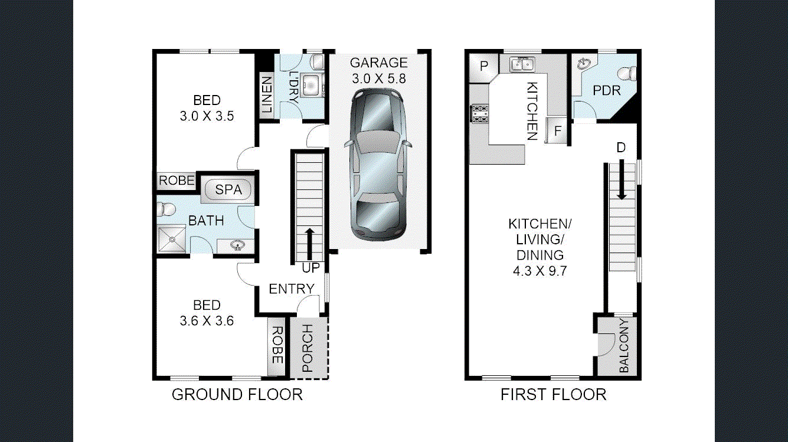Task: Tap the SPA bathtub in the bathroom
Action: tap(228, 190)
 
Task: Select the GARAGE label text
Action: tap(378, 63)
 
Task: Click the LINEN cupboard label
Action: tap(267, 94)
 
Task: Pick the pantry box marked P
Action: tap(484, 66)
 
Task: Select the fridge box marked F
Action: tap(557, 131)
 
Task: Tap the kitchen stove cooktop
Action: tap(479, 113)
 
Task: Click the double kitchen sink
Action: tap(522, 63)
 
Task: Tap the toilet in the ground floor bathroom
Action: tap(166, 208)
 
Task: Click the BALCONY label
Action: tap(624, 346)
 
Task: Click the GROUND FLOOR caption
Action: tap(237, 395)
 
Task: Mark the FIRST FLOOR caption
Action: tap(553, 395)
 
